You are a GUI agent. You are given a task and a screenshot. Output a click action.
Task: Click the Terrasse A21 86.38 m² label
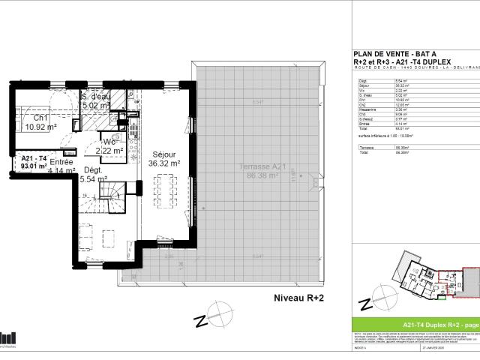(258, 170)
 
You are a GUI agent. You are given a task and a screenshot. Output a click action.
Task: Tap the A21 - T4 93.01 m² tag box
(34, 161)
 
